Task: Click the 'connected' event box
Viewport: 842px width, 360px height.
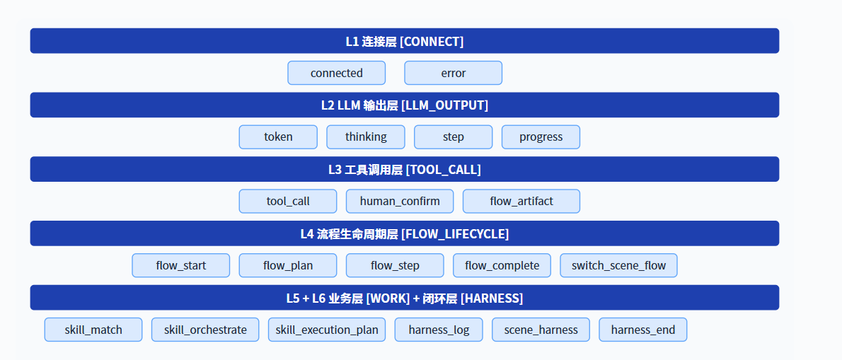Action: [x=337, y=73]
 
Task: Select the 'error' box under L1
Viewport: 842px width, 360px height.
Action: [x=454, y=73]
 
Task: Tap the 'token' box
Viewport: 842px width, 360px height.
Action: [x=278, y=137]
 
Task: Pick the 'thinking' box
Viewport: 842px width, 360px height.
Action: [x=366, y=137]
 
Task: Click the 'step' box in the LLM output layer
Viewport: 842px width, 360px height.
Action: [x=454, y=137]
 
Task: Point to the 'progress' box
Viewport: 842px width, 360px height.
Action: [x=541, y=137]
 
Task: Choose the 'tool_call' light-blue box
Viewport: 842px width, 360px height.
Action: [x=288, y=201]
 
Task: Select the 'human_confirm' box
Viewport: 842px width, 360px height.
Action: [x=400, y=201]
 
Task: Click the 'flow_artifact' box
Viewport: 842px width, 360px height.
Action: [x=521, y=201]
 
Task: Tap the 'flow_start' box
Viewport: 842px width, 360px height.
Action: [x=181, y=265]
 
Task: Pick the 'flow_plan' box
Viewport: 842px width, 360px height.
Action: [x=288, y=265]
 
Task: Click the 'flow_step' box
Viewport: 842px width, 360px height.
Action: [x=395, y=265]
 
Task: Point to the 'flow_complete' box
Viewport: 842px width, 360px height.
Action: [x=502, y=265]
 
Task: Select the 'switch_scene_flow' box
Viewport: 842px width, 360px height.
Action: [x=618, y=265]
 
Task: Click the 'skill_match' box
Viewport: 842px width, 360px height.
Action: [x=93, y=330]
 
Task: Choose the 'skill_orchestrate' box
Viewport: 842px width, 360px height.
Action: [x=205, y=330]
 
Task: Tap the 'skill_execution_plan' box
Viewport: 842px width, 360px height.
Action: [x=327, y=330]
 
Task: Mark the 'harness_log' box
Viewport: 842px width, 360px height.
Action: [x=439, y=330]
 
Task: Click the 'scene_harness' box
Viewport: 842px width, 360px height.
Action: [x=541, y=330]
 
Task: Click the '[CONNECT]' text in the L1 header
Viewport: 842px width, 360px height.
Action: [x=432, y=41]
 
